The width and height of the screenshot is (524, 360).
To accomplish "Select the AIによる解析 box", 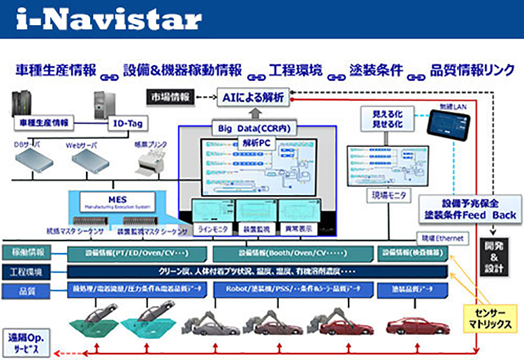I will click(252, 98).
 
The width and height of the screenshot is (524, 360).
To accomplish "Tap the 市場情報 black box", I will click(170, 98).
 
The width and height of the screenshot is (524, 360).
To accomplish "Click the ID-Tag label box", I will click(128, 124).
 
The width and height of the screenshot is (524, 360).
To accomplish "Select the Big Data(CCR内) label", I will click(254, 128).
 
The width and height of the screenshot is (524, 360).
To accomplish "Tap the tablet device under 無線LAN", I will click(448, 125).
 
